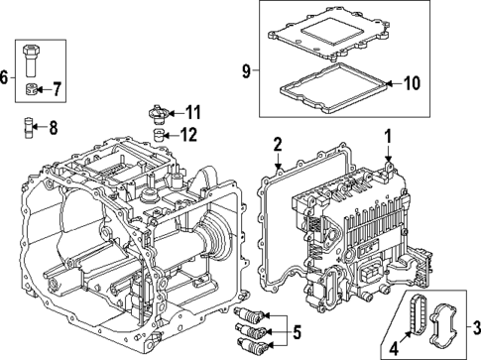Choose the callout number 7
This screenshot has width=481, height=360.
[57, 90]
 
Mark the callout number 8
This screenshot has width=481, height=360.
[53, 127]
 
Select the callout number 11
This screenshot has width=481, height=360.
[193, 111]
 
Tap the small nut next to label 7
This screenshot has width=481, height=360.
[33, 91]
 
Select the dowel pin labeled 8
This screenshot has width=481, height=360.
[31, 127]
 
